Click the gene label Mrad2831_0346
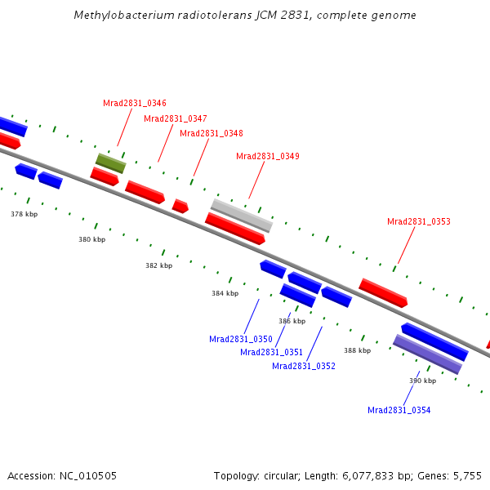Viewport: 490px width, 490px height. (x=135, y=103)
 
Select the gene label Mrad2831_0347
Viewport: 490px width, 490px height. (x=176, y=118)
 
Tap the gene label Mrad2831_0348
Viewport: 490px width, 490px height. (x=212, y=133)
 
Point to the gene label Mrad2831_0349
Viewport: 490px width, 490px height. (x=268, y=156)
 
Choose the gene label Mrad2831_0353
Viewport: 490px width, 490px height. (x=419, y=221)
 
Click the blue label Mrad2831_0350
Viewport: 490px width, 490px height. (x=241, y=339)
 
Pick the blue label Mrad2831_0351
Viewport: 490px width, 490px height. (x=272, y=352)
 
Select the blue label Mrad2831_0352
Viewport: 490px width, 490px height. (x=304, y=366)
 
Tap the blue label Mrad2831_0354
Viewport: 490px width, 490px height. (x=399, y=410)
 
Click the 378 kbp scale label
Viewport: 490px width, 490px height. (x=24, y=214)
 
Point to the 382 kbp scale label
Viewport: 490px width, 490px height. (x=159, y=265)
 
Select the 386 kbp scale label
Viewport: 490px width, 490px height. (x=292, y=321)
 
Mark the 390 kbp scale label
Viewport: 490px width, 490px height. (x=423, y=381)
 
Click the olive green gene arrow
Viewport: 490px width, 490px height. (x=110, y=163)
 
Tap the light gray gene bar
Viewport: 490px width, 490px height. (x=242, y=216)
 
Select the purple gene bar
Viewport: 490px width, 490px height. (x=428, y=354)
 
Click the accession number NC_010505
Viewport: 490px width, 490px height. (x=88, y=475)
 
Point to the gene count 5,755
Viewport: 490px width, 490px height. (x=466, y=475)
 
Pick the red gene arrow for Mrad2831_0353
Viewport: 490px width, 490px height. (x=383, y=292)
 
